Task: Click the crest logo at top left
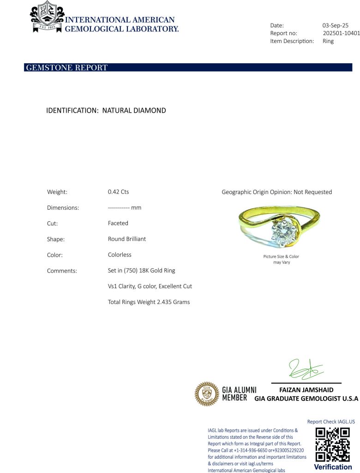pyautogui.click(x=47, y=17)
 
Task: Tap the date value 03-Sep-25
pyautogui.click(x=335, y=25)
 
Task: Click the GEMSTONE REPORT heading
pyautogui.click(x=67, y=68)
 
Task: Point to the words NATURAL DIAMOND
pyautogui.click(x=134, y=111)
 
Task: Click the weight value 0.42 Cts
pyautogui.click(x=118, y=192)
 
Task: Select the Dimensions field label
pyautogui.click(x=63, y=208)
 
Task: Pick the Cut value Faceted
pyautogui.click(x=118, y=223)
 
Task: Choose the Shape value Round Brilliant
pyautogui.click(x=126, y=239)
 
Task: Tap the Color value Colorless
pyautogui.click(x=120, y=255)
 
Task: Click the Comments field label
pyautogui.click(x=62, y=271)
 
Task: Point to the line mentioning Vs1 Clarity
pyautogui.click(x=150, y=286)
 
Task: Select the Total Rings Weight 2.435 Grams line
pyautogui.click(x=149, y=302)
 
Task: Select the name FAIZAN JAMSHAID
pyautogui.click(x=306, y=390)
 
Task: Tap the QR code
pyautogui.click(x=332, y=444)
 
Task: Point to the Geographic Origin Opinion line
pyautogui.click(x=276, y=192)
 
